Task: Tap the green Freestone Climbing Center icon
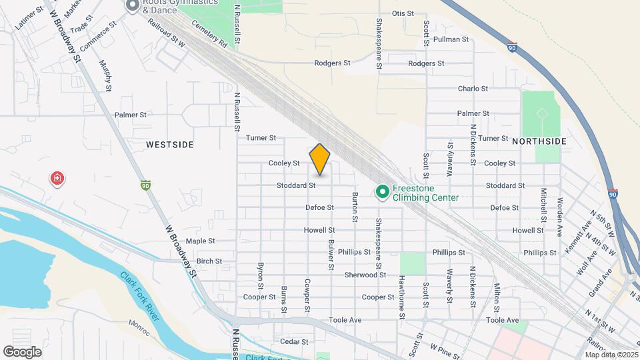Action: (x=383, y=193)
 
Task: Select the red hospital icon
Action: (x=58, y=179)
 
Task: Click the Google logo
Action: (x=22, y=351)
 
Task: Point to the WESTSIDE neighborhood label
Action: (x=169, y=145)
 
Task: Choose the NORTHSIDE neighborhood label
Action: (x=539, y=141)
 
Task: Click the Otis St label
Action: (x=403, y=13)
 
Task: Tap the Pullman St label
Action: (x=447, y=39)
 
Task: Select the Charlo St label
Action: (x=473, y=89)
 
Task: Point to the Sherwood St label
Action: (x=365, y=275)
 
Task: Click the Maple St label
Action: (x=201, y=241)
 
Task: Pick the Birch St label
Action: (x=209, y=261)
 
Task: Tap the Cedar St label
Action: (x=294, y=341)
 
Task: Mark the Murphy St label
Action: (x=106, y=74)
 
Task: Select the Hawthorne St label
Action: (x=402, y=294)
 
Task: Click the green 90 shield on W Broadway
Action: (x=145, y=185)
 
